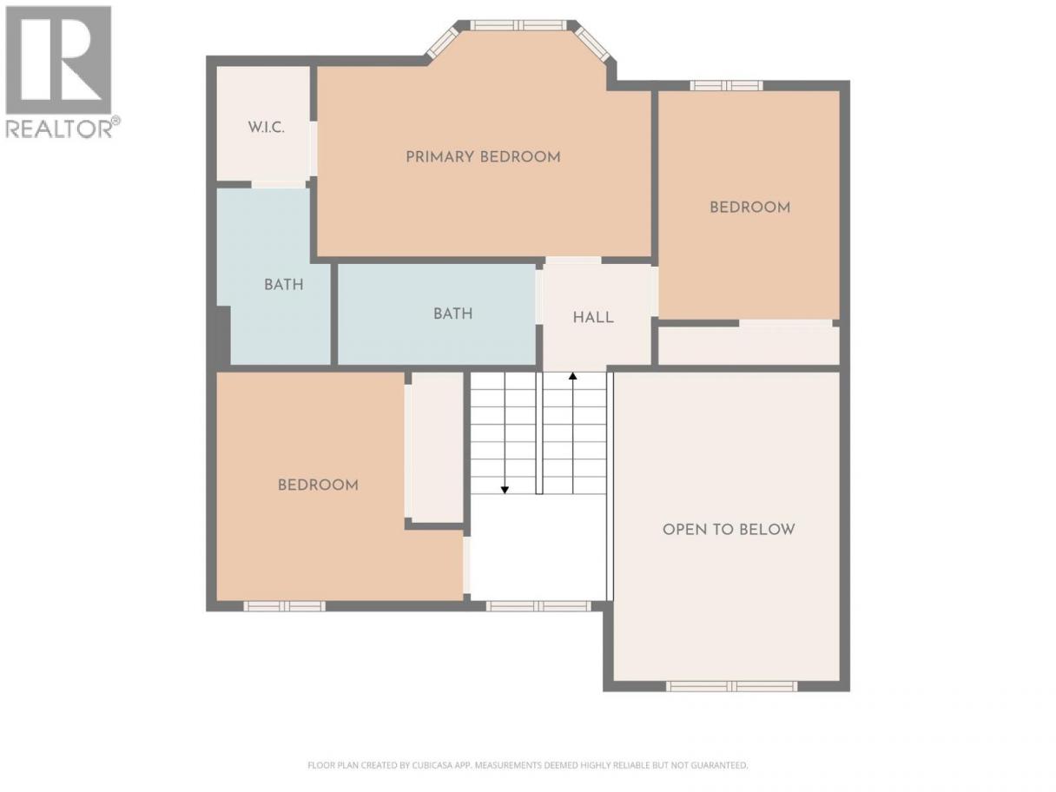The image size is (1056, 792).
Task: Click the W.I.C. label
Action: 266,128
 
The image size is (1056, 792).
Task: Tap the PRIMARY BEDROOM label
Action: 483,157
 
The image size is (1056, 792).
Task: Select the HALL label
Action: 593,317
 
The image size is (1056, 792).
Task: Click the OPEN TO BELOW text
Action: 729,530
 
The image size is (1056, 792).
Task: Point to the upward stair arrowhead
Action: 572,376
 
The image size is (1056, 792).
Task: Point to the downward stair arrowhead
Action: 505,490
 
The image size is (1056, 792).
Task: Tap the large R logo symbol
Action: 58,60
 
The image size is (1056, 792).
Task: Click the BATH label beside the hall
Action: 452,314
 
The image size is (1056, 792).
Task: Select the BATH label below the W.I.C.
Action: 284,285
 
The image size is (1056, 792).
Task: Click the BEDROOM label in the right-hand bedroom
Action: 750,208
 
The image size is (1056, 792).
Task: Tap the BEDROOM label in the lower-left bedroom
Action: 318,485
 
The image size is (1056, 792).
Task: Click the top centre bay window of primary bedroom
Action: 518,25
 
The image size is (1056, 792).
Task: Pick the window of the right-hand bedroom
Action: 727,86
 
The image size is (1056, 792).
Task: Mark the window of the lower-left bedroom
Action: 284,606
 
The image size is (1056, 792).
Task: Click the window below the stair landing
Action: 538,606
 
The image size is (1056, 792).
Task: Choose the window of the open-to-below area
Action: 731,687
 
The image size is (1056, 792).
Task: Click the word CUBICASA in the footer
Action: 433,765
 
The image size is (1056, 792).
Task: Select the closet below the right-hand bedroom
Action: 749,346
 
